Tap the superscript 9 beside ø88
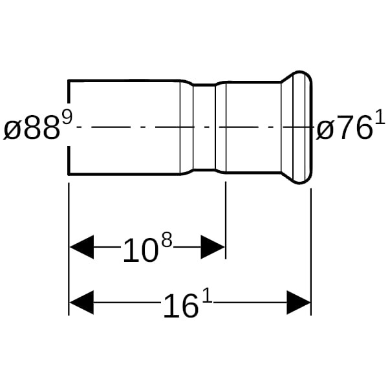point(67,118)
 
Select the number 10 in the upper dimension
point(140,250)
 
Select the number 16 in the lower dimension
point(181,306)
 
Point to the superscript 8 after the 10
point(167,239)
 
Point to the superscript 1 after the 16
point(208,296)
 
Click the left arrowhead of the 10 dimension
point(81,247)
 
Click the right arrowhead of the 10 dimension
point(213,247)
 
